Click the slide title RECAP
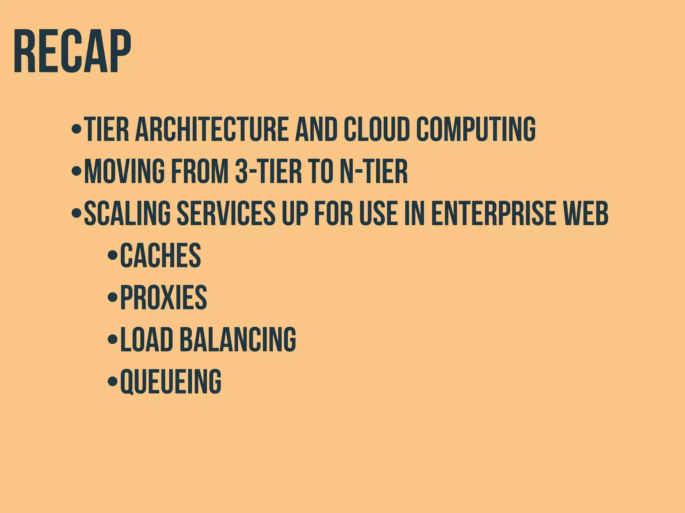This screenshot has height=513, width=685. [x=72, y=52]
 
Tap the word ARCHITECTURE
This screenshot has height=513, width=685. [x=211, y=129]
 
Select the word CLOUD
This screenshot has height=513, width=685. [x=377, y=129]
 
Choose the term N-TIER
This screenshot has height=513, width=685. [x=374, y=171]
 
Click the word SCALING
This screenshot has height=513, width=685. [x=127, y=213]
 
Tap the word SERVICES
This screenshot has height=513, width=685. [x=226, y=213]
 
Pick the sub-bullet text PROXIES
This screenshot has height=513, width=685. [x=164, y=297]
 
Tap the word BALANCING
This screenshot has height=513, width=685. [x=238, y=339]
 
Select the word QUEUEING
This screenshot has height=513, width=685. [x=171, y=381]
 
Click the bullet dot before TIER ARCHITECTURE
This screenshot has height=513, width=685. [x=77, y=129]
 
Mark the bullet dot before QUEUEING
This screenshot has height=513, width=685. [x=112, y=381]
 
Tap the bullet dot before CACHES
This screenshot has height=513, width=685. [x=112, y=255]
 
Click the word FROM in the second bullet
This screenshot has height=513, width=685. [x=200, y=171]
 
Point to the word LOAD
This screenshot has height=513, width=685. [x=146, y=339]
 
